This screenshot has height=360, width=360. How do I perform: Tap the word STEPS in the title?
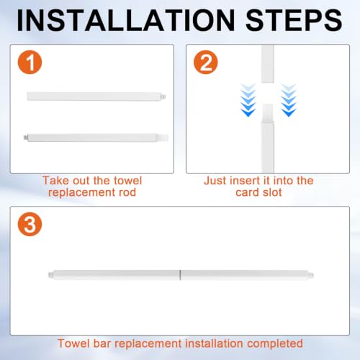pyautogui.click(x=294, y=20)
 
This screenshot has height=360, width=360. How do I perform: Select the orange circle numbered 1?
pyautogui.click(x=30, y=62)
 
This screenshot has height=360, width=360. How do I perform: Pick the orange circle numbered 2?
pyautogui.click(x=206, y=62)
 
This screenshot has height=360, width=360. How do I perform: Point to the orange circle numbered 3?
pyautogui.click(x=30, y=224)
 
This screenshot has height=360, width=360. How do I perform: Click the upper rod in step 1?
pyautogui.click(x=96, y=96)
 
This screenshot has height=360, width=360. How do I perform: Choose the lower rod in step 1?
pyautogui.click(x=96, y=138)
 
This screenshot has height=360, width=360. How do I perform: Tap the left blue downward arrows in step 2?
pyautogui.click(x=248, y=100)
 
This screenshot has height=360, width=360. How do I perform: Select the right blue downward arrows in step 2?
pyautogui.click(x=289, y=100)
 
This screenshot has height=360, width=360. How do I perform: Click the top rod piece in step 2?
pyautogui.click(x=268, y=63)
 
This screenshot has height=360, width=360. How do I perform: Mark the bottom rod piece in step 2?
pyautogui.click(x=268, y=138)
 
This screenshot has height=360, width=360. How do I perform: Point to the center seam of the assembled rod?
pyautogui.click(x=180, y=275)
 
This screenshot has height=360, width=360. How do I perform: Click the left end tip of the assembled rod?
pyautogui.click(x=49, y=275)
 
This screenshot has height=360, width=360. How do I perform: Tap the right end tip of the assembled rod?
pyautogui.click(x=312, y=275)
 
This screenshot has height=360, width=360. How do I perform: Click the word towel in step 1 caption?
pyautogui.click(x=128, y=181)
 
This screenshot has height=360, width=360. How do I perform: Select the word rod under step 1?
pyautogui.click(x=127, y=192)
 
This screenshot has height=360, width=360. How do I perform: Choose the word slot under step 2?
pyautogui.click(x=272, y=192)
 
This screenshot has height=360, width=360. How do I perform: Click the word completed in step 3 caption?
pyautogui.click(x=275, y=343)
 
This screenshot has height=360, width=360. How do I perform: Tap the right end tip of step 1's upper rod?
pyautogui.click(x=164, y=96)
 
